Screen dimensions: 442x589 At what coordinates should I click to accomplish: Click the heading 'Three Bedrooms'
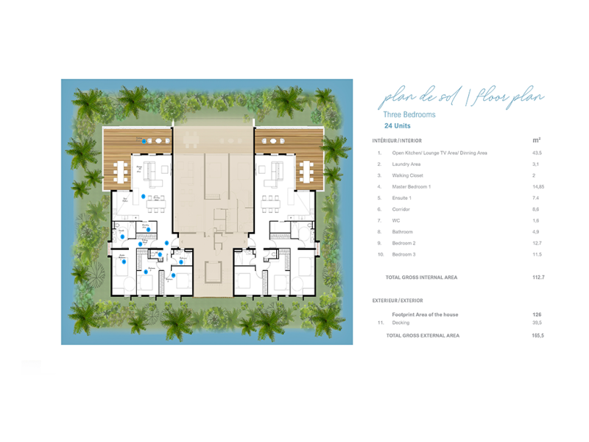click(409, 115)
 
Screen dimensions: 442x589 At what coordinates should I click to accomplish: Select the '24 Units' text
click(397, 126)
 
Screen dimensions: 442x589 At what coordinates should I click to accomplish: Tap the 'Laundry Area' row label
click(406, 164)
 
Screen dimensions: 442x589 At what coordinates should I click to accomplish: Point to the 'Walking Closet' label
click(408, 175)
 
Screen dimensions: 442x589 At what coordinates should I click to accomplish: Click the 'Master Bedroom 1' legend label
click(412, 187)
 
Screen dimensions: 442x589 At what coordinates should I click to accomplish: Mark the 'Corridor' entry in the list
click(402, 209)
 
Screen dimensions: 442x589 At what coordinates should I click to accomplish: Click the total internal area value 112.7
click(537, 278)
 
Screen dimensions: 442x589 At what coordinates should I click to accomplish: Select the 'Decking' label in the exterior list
click(401, 323)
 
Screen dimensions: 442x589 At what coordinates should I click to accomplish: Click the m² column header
click(536, 140)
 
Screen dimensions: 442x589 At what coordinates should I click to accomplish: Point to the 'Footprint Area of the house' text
click(425, 315)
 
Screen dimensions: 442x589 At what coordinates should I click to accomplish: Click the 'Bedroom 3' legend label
click(404, 254)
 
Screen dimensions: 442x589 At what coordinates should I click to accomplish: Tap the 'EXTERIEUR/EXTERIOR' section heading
click(398, 301)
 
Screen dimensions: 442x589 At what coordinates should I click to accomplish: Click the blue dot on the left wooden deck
click(144, 141)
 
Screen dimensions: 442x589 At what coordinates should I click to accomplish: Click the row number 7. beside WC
click(379, 220)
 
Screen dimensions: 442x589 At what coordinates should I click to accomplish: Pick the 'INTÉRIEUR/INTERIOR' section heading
click(397, 140)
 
